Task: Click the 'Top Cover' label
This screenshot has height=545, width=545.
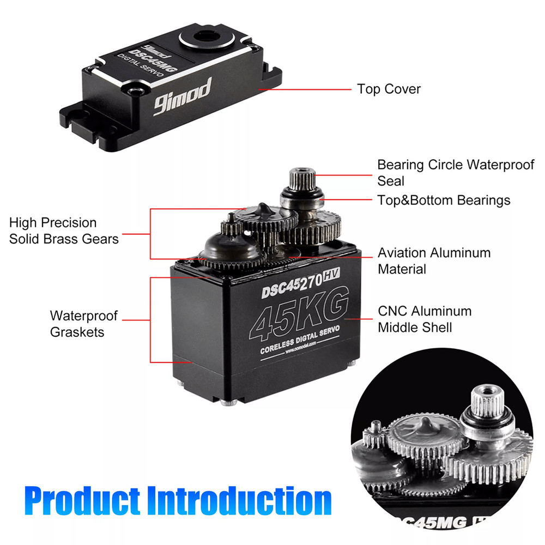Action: [389, 89]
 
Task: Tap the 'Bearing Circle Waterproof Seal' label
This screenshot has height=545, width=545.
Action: [456, 172]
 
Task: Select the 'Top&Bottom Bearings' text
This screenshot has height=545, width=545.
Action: [444, 200]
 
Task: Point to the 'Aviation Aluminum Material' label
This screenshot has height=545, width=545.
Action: [434, 261]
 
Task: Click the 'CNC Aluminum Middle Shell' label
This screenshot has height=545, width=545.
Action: [425, 319]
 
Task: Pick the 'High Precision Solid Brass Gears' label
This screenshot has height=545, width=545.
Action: [64, 231]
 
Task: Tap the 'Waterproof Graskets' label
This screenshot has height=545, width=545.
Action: [84, 324]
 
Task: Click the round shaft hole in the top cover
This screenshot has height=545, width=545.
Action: [208, 37]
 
